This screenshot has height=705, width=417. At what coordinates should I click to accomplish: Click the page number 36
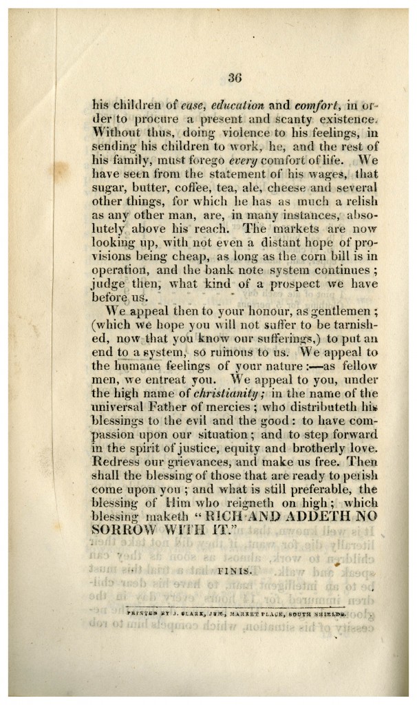(x=231, y=78)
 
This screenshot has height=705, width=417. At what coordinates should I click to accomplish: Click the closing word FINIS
(x=236, y=571)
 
